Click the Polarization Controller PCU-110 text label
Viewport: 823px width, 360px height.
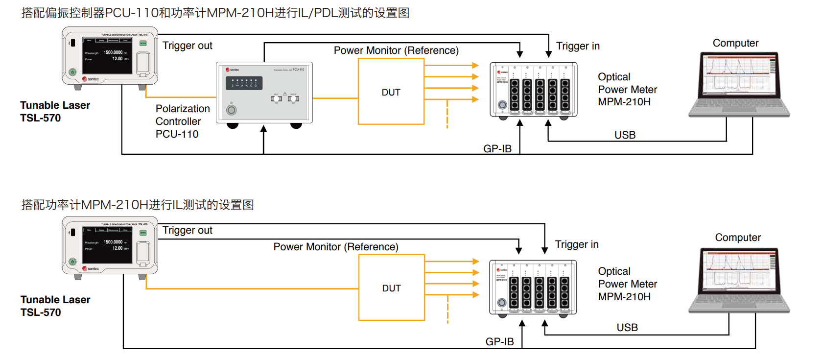(x=182, y=121)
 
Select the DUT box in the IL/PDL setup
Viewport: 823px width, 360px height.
(x=391, y=92)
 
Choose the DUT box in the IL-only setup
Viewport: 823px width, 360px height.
(x=391, y=288)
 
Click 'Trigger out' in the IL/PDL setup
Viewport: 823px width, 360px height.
(x=187, y=46)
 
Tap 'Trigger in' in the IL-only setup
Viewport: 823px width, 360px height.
(x=577, y=244)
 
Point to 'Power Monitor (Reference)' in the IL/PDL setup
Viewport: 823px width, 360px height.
(x=396, y=50)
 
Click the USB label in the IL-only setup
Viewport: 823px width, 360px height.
(x=627, y=327)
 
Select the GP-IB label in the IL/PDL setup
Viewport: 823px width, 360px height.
(x=497, y=148)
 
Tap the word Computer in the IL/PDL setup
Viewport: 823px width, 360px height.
(x=735, y=43)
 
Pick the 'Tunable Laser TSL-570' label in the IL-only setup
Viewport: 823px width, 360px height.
(x=55, y=306)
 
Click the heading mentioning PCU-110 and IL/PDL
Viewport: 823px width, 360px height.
(x=215, y=13)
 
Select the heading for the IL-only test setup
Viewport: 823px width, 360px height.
(x=138, y=205)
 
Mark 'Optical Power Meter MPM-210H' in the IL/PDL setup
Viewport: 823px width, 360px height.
(x=627, y=89)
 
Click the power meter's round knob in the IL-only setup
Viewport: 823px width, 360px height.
(x=502, y=303)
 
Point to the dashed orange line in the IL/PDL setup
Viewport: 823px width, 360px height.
(x=447, y=114)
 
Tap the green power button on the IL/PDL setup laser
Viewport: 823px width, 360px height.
(x=72, y=72)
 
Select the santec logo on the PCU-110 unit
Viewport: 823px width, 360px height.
(x=233, y=70)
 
